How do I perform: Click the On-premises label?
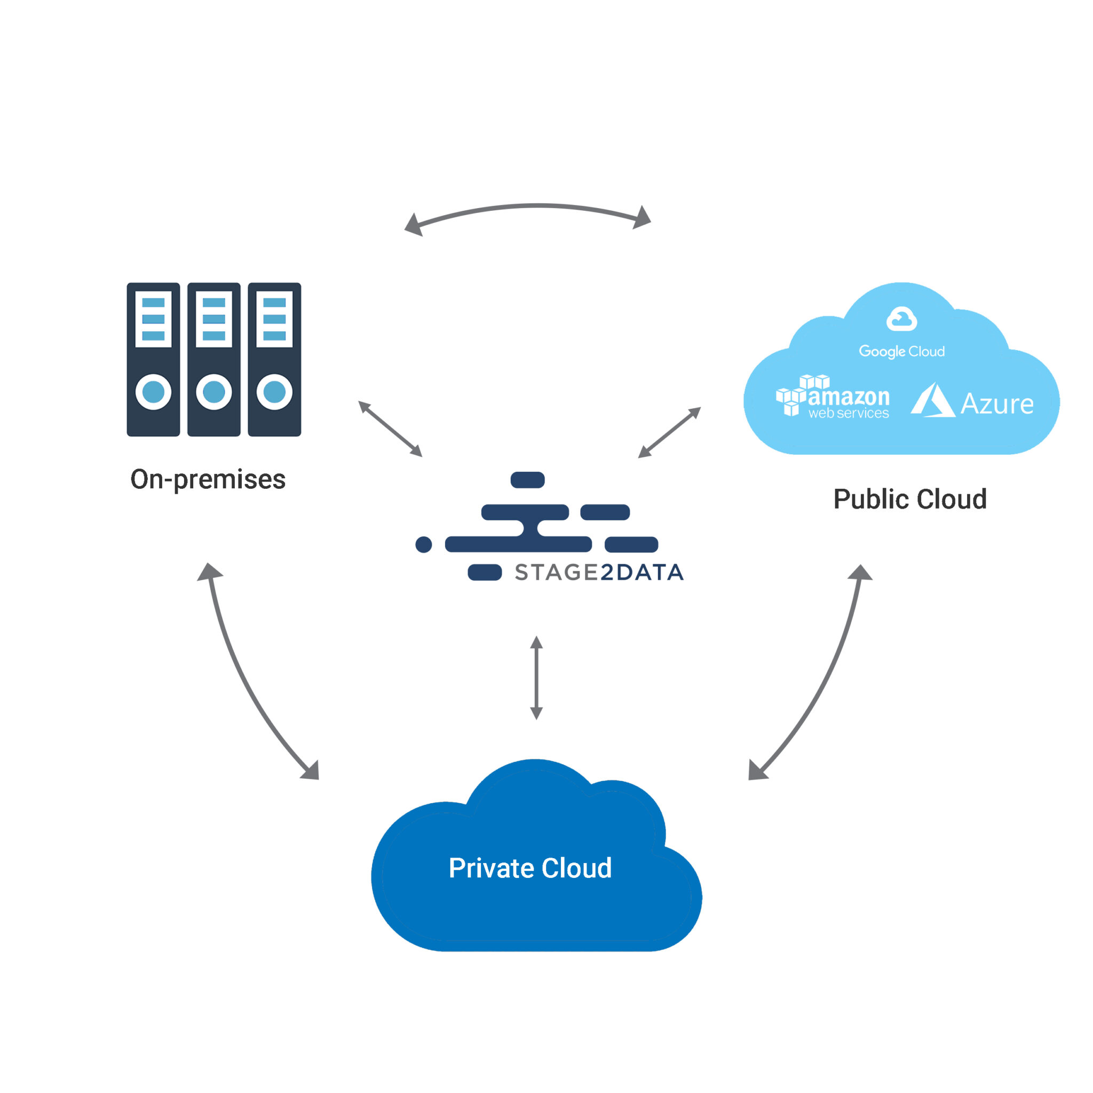pyautogui.click(x=208, y=480)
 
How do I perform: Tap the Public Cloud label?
pyautogui.click(x=910, y=499)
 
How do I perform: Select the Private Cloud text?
pyautogui.click(x=530, y=868)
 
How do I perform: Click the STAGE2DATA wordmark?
pyautogui.click(x=599, y=573)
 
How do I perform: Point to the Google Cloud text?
pyautogui.click(x=902, y=351)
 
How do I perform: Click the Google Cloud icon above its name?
pyautogui.click(x=901, y=319)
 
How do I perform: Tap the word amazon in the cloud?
pyautogui.click(x=849, y=397)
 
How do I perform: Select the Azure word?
pyautogui.click(x=997, y=404)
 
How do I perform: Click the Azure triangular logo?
pyautogui.click(x=932, y=401)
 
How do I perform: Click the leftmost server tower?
pyautogui.click(x=153, y=360)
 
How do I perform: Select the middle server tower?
pyautogui.click(x=214, y=360)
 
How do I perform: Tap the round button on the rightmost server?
pyautogui.click(x=274, y=392)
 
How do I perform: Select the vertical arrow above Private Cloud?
pyautogui.click(x=536, y=678)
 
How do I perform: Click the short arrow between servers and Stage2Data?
pyautogui.click(x=390, y=428)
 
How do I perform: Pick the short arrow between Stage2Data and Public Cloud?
pyautogui.click(x=670, y=432)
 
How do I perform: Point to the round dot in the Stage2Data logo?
pyautogui.click(x=424, y=544)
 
